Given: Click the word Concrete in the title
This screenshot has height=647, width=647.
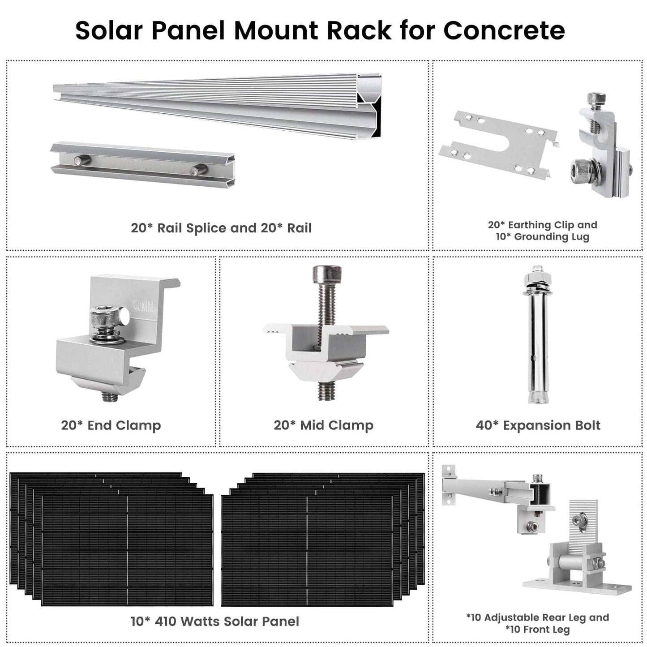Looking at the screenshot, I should click(x=504, y=30).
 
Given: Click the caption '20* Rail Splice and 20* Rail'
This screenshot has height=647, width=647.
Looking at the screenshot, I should click(x=221, y=228).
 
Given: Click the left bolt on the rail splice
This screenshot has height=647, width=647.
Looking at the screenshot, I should click(x=82, y=160).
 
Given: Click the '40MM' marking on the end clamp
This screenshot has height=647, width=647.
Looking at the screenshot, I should click(x=144, y=307).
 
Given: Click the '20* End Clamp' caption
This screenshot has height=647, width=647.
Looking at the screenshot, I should click(x=111, y=425).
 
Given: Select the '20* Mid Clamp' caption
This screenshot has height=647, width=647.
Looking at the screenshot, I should click(x=323, y=425).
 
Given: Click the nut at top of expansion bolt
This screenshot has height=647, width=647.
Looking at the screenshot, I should click(x=536, y=278).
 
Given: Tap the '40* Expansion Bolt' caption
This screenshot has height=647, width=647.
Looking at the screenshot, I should click(x=538, y=425).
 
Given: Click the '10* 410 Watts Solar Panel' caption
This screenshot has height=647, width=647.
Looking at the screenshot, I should click(x=214, y=621).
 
